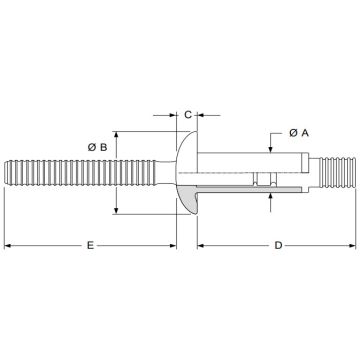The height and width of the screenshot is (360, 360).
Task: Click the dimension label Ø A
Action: click(x=298, y=132)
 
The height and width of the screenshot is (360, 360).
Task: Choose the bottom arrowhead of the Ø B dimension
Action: click(x=119, y=208)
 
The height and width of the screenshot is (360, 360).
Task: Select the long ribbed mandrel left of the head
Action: click(x=90, y=171)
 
